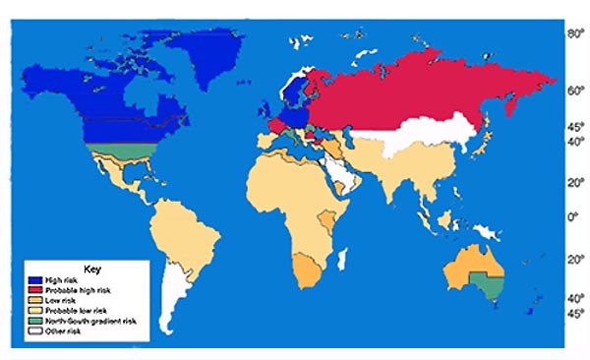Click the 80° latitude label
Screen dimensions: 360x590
click(572, 34)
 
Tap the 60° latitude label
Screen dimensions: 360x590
click(572, 90)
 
